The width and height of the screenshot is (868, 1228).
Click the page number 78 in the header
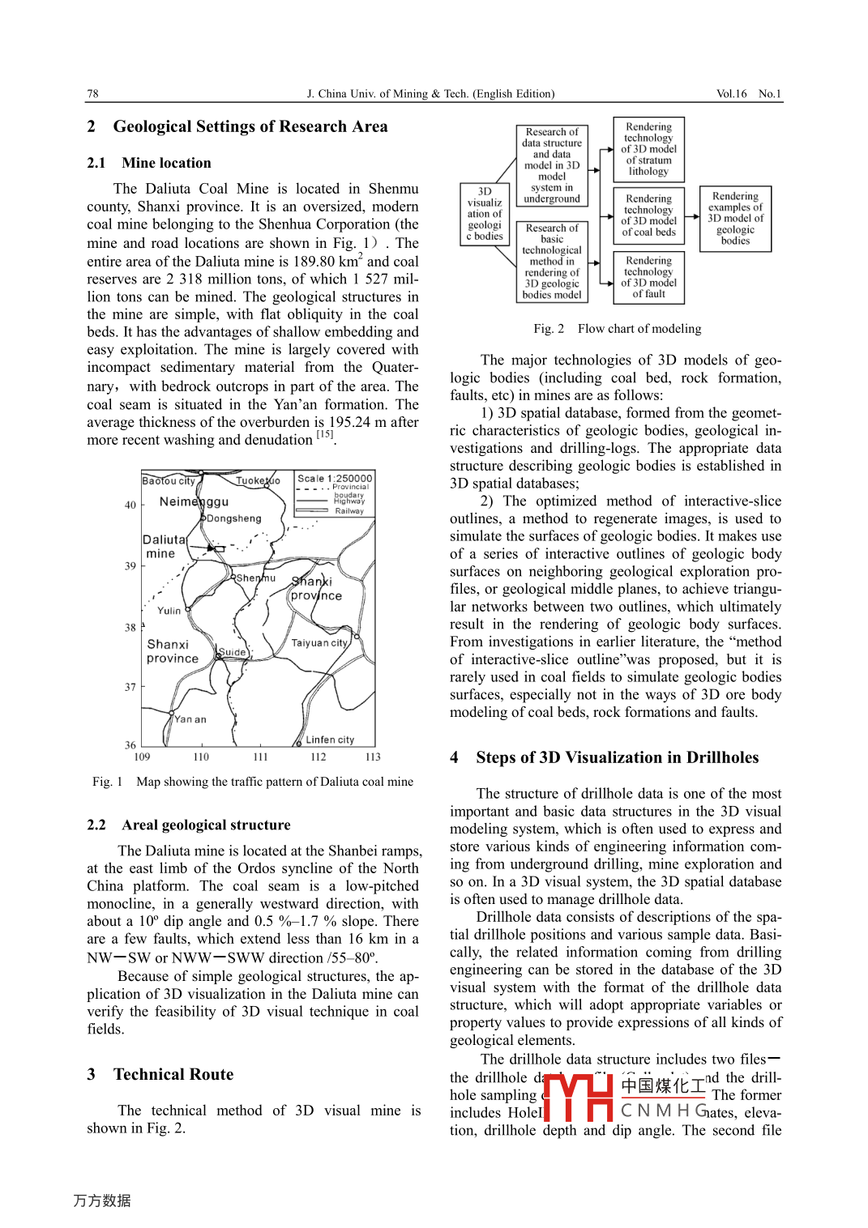93,94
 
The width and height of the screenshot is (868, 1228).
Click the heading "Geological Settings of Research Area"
250,127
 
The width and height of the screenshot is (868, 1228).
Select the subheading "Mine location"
166,163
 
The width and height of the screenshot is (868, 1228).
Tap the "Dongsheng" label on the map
234,518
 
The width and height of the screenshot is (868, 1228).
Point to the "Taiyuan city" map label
319,643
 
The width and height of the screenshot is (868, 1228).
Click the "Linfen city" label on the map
330,740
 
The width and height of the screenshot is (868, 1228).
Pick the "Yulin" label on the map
169,611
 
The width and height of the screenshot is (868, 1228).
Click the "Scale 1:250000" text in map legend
335,479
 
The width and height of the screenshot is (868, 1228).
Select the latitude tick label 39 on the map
130,566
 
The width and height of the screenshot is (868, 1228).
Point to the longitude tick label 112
319,757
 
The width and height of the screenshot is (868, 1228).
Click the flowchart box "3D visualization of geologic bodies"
485,215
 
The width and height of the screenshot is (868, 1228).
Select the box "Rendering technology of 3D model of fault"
649,278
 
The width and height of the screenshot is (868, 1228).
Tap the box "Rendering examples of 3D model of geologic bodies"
735,219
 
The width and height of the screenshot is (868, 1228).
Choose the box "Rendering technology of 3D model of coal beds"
649,215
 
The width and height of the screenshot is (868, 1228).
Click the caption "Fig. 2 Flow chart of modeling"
617,329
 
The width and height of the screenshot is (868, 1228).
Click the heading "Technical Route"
173,1075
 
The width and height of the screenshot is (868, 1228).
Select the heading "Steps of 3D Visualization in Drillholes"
617,758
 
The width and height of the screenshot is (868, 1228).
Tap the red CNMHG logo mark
578,1098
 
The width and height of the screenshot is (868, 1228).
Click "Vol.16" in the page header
731,94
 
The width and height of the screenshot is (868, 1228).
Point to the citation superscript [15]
324,435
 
